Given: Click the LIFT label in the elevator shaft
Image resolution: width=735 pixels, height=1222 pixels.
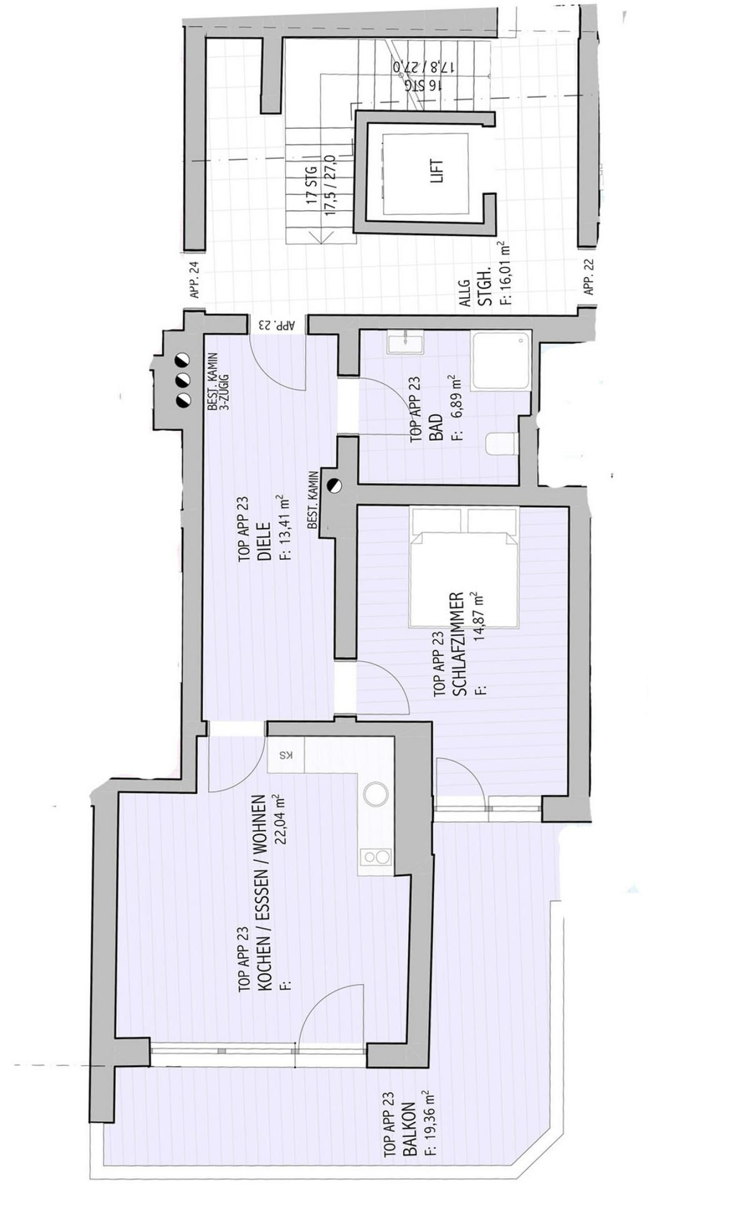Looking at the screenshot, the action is (437, 170).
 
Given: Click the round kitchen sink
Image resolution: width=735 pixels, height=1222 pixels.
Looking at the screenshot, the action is (376, 795).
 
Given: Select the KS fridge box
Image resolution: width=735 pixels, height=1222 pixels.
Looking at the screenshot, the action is (286, 755).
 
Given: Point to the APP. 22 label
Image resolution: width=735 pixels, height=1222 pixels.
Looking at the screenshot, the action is (588, 277).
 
